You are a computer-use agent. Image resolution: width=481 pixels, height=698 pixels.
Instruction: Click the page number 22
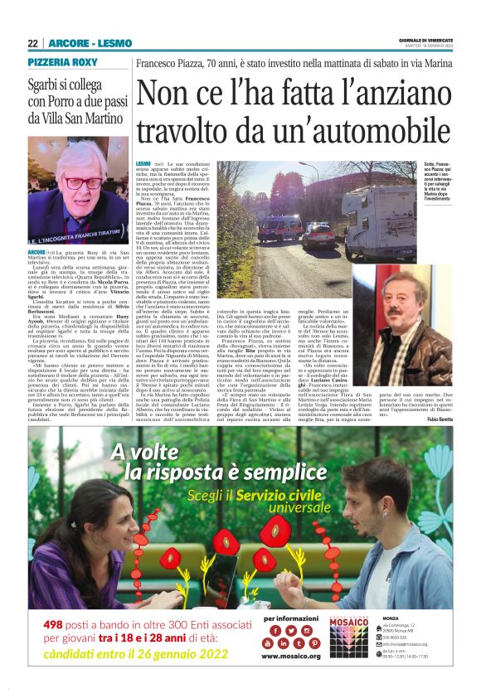click(33, 43)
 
